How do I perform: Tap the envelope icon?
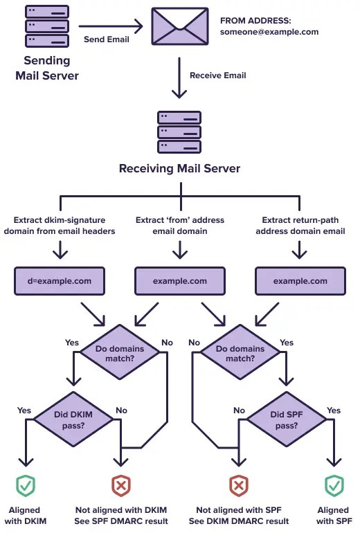click(179, 27)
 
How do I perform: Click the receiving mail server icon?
click(179, 132)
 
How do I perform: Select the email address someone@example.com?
click(269, 32)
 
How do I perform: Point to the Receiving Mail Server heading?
click(179, 169)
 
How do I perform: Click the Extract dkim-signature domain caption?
click(60, 226)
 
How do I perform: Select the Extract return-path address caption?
click(300, 226)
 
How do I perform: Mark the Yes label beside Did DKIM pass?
click(25, 410)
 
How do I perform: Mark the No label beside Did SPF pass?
click(240, 410)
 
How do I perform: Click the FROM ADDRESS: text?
click(255, 20)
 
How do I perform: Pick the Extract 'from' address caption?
click(179, 226)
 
